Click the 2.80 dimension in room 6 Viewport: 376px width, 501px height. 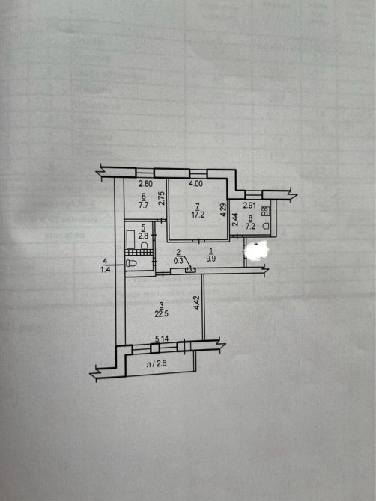[x=145, y=184]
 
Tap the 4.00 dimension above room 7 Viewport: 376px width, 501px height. [x=195, y=184]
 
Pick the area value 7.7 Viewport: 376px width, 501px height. [x=143, y=205]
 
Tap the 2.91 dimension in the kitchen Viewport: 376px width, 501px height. [x=249, y=206]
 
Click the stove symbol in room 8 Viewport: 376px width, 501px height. [x=265, y=211]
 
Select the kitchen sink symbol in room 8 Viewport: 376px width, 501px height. [x=265, y=226]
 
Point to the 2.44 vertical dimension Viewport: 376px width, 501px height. [x=235, y=220]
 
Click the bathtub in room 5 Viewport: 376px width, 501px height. [x=130, y=239]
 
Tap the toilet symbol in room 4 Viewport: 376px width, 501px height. [x=131, y=264]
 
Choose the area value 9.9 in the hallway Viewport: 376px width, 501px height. [x=211, y=259]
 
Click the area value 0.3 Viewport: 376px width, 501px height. [x=178, y=260]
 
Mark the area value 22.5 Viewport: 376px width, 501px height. [x=162, y=313]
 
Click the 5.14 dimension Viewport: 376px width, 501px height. [x=162, y=339]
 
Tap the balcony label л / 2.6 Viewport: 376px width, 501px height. [x=157, y=364]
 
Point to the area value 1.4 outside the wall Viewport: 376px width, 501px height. [x=106, y=270]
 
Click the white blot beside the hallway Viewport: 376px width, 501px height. [x=256, y=250]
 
